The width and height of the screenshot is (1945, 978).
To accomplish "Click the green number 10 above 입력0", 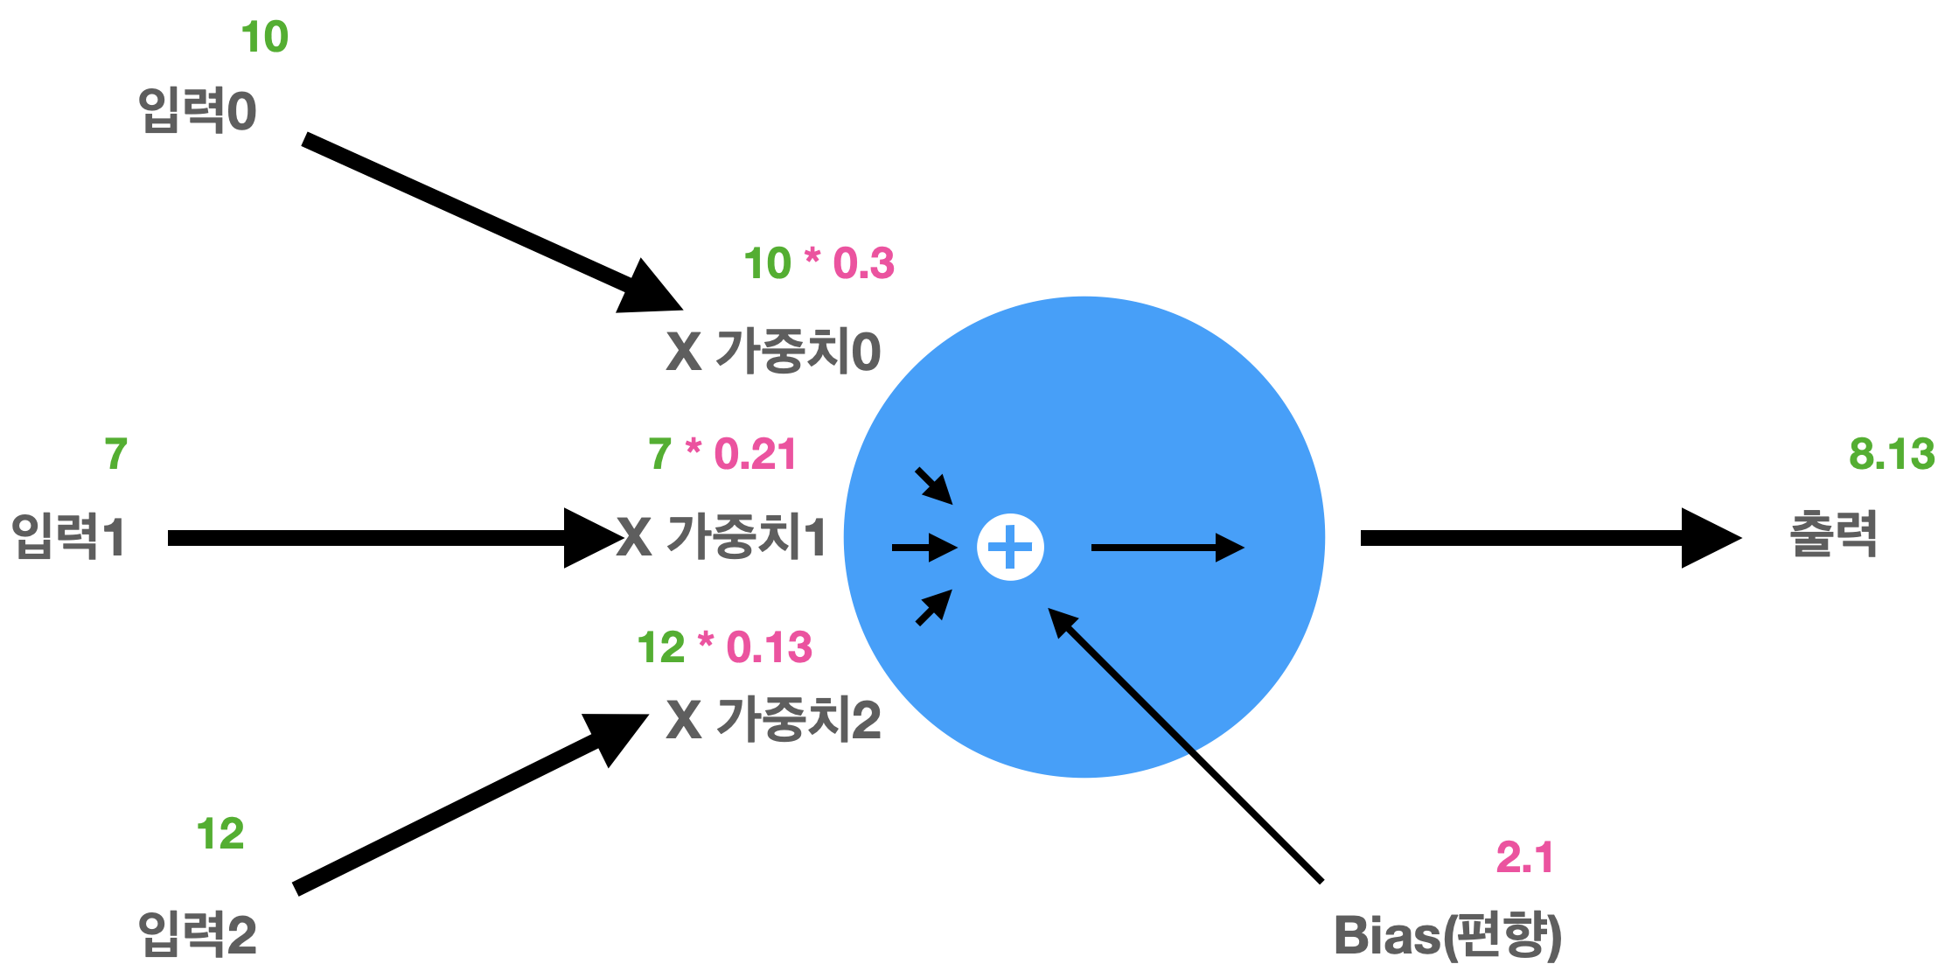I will pyautogui.click(x=264, y=38).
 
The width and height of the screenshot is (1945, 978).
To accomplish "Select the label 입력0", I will pyautogui.click(x=198, y=111).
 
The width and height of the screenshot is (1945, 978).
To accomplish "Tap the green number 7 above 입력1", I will pyautogui.click(x=116, y=454).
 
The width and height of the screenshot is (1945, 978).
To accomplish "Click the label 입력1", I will pyautogui.click(x=68, y=535).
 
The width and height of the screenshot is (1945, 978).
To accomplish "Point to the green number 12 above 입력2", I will pyautogui.click(x=220, y=834).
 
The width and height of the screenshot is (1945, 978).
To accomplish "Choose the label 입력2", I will pyautogui.click(x=198, y=934).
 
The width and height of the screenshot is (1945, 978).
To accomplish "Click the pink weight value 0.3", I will pyautogui.click(x=863, y=263).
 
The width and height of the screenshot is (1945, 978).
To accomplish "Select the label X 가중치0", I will pyautogui.click(x=773, y=352).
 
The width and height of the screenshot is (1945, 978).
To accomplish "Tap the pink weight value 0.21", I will pyautogui.click(x=755, y=454).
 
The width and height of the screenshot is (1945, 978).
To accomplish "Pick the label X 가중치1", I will pyautogui.click(x=722, y=536).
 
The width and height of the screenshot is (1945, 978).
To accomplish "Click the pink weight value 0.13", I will pyautogui.click(x=769, y=648).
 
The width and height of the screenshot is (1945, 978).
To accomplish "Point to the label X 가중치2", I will pyautogui.click(x=773, y=720).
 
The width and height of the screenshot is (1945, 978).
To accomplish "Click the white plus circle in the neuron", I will pyautogui.click(x=1010, y=548).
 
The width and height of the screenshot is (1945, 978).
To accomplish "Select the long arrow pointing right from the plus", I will pyautogui.click(x=1167, y=548).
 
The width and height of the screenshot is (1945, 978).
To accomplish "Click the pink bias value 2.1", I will pyautogui.click(x=1524, y=857).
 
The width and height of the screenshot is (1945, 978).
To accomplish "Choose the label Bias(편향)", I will pyautogui.click(x=1447, y=935).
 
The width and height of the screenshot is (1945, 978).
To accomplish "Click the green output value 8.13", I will pyautogui.click(x=1892, y=455).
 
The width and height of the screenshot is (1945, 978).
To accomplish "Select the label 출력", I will pyautogui.click(x=1834, y=534).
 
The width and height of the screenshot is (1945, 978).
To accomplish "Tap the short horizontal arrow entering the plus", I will pyautogui.click(x=924, y=548).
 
